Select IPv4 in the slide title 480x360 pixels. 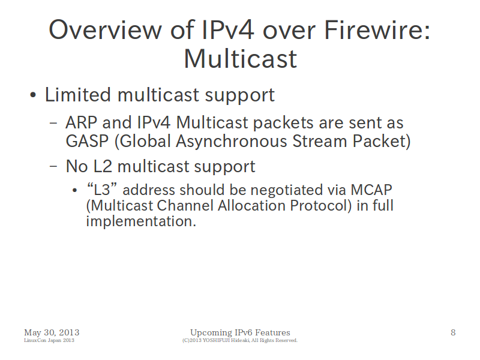coord(228,30)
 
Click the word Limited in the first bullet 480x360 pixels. coord(78,95)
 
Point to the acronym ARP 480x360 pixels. coord(82,123)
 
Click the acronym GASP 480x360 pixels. coord(87,141)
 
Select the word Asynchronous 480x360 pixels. coord(232,142)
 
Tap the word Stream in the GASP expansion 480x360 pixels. coord(320,141)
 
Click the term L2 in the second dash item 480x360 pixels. coord(103,167)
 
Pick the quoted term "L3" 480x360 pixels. coord(102,190)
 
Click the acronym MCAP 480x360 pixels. coord(371,190)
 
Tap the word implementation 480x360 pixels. coord(141,221)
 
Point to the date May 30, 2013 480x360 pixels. coord(52,332)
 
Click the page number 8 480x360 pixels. coord(453,332)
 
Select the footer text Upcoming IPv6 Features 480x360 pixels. coord(241,333)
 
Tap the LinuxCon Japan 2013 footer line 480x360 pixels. coord(49,340)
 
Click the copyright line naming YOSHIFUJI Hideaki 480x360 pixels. coord(240,340)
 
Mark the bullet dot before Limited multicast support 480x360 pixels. coord(33,95)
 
